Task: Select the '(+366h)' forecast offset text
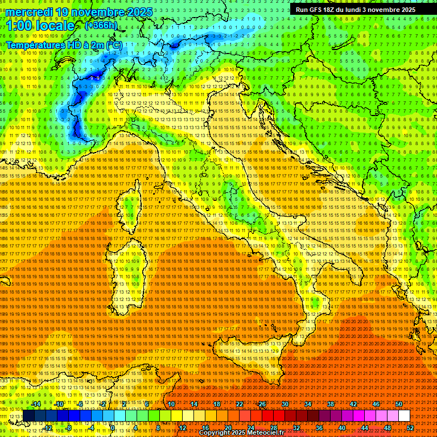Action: coord(101,26)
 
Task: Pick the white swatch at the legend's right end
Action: coord(404,416)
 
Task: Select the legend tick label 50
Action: coord(399,404)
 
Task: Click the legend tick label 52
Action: coord(410,427)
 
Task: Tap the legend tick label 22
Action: coord(240,404)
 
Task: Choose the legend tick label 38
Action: coord(331,404)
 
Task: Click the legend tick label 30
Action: coord(285,404)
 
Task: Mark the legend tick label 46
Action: coord(376,404)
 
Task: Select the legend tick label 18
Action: coord(217,404)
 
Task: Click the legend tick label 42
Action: coord(353,404)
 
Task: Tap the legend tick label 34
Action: coord(308,404)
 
